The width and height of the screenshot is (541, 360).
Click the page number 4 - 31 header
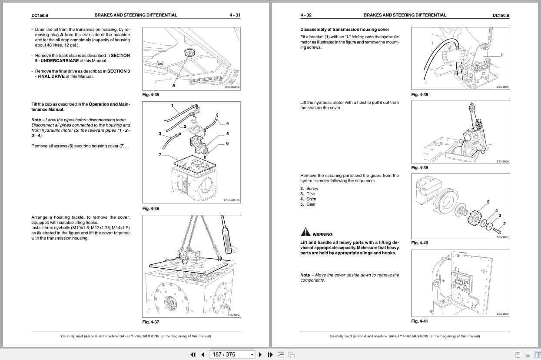tap(235, 15)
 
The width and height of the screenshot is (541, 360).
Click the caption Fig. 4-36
tap(151, 209)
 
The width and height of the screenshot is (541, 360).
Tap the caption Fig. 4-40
tap(420, 243)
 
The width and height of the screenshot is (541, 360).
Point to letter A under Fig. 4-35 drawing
tap(174, 86)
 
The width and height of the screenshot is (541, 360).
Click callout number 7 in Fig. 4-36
tap(159, 154)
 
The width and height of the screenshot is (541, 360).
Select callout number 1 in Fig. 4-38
tap(501, 55)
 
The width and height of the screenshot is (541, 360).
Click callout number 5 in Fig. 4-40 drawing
tap(488, 202)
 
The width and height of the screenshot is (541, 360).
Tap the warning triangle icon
tap(305, 232)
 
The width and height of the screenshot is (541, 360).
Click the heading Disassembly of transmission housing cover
tap(345, 30)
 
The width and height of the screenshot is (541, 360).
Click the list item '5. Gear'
tap(308, 204)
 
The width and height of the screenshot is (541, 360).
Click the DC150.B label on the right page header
tap(501, 15)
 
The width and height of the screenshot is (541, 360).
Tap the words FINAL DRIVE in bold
tap(52, 77)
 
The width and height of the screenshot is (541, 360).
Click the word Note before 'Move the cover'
tap(305, 275)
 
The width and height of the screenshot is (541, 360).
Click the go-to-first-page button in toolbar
tap(193, 354)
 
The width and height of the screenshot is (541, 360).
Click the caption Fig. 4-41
tap(420, 321)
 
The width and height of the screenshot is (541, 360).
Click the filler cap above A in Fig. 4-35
tap(189, 53)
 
